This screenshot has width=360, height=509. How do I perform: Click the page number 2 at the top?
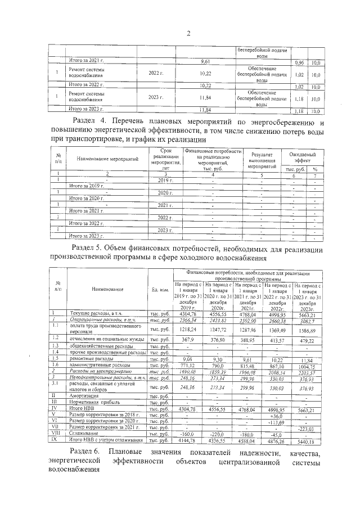pyautogui.click(x=189, y=33)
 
